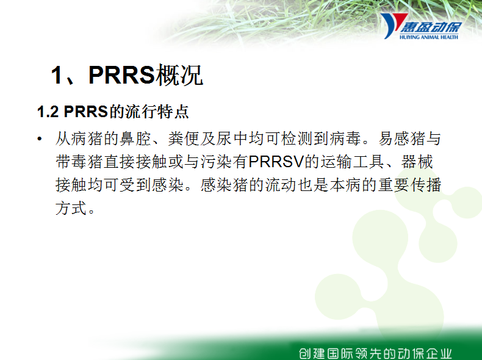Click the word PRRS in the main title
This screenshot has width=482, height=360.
[x=121, y=74]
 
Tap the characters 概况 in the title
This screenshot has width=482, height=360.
[x=179, y=74]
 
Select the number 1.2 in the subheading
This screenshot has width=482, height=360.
[x=48, y=111]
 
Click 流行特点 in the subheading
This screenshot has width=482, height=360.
[x=157, y=111]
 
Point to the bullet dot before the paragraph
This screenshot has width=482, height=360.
[x=39, y=139]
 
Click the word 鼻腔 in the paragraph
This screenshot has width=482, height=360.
[x=135, y=139]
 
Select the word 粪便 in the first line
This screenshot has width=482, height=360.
[x=184, y=139]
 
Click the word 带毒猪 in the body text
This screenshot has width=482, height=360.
[x=79, y=162]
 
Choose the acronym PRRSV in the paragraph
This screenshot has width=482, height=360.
[x=276, y=162]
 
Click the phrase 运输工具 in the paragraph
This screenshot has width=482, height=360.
[x=352, y=162]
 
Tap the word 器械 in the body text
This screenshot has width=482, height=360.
[x=417, y=162]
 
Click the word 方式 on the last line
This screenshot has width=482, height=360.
[x=71, y=208]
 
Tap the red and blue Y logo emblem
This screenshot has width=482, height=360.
[x=392, y=26]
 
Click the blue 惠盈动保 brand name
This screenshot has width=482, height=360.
[x=431, y=27]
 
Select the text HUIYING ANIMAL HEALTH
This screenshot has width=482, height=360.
[x=429, y=37]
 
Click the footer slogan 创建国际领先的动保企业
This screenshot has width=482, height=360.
[x=375, y=353]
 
